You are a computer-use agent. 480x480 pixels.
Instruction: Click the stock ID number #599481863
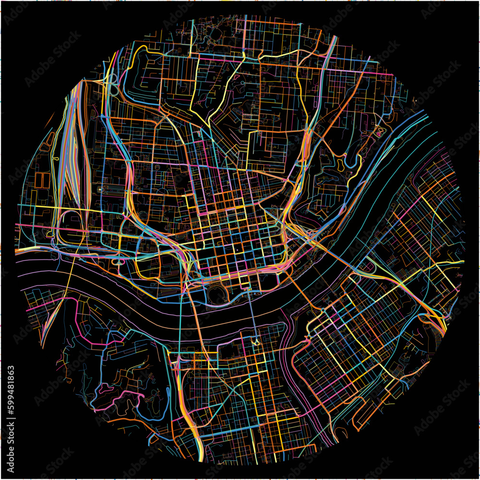click(11, 396)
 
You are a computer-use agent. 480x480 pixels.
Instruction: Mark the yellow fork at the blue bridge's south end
click(255, 341)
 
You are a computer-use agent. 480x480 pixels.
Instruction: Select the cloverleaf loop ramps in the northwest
click(113, 84)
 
